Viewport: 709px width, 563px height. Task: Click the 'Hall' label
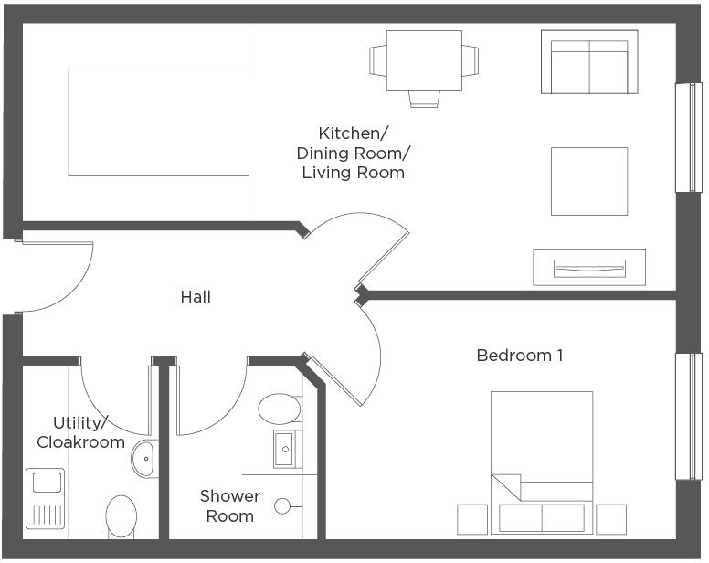pos(196,297)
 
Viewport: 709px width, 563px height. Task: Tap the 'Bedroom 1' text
pos(519,355)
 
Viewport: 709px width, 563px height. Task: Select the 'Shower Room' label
pos(229,505)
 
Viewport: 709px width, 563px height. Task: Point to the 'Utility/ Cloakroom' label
pos(80,432)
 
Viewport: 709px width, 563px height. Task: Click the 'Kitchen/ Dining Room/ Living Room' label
pos(353,152)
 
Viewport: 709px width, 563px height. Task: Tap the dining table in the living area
pos(423,60)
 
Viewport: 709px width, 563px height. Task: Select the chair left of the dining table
pos(377,60)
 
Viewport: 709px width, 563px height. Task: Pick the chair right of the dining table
pos(470,60)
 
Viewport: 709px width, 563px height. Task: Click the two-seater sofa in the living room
pos(588,62)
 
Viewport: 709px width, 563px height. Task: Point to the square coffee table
pos(588,181)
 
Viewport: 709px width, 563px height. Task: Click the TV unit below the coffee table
pos(589,267)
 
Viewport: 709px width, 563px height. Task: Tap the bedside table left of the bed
pos(473,519)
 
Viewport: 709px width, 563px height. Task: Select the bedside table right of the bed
pos(610,519)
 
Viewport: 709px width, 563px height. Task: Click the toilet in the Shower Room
pos(280,409)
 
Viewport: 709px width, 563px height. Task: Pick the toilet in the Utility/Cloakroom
pos(122,516)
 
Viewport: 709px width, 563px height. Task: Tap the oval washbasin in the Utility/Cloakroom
pos(144,458)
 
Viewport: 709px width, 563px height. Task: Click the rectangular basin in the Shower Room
pos(287,449)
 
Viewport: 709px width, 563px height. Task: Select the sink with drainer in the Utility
pos(45,498)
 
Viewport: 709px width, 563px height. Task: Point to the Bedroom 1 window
pos(688,416)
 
